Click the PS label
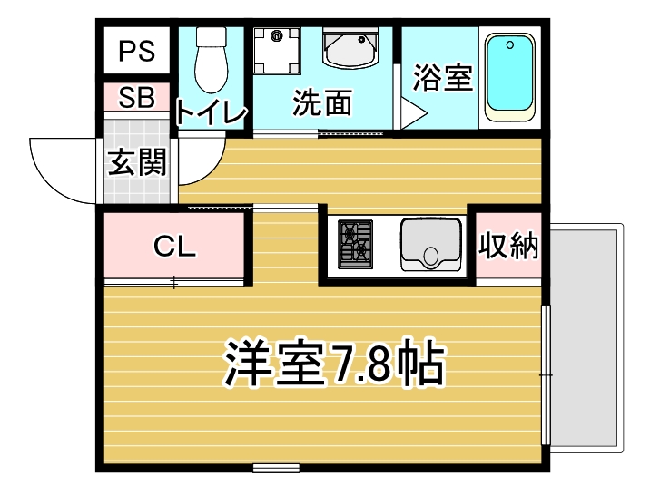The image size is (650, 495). (137, 52)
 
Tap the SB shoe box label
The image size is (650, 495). (136, 97)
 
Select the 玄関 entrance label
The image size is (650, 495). (137, 161)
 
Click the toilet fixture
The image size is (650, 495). (212, 60)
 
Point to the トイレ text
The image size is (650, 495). (211, 112)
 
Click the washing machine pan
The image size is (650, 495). (277, 51)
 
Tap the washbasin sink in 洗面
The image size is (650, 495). (350, 47)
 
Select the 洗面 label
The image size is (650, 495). (322, 102)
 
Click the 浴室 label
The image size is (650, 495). (443, 77)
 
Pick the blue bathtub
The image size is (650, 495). (510, 78)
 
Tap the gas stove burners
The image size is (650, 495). (355, 244)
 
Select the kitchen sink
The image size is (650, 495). (430, 244)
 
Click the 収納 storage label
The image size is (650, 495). (508, 246)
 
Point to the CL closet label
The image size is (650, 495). (174, 247)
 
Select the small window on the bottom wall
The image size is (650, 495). (276, 468)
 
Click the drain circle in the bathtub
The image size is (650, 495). (510, 44)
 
